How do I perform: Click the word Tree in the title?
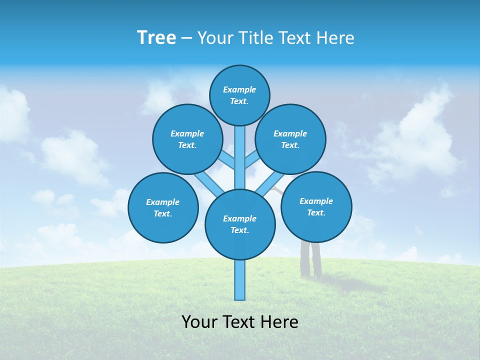156,37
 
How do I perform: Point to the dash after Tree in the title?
186,38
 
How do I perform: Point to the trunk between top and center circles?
240,157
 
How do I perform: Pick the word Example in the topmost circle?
239,90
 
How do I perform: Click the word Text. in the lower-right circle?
316,212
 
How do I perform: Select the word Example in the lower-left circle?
162,202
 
